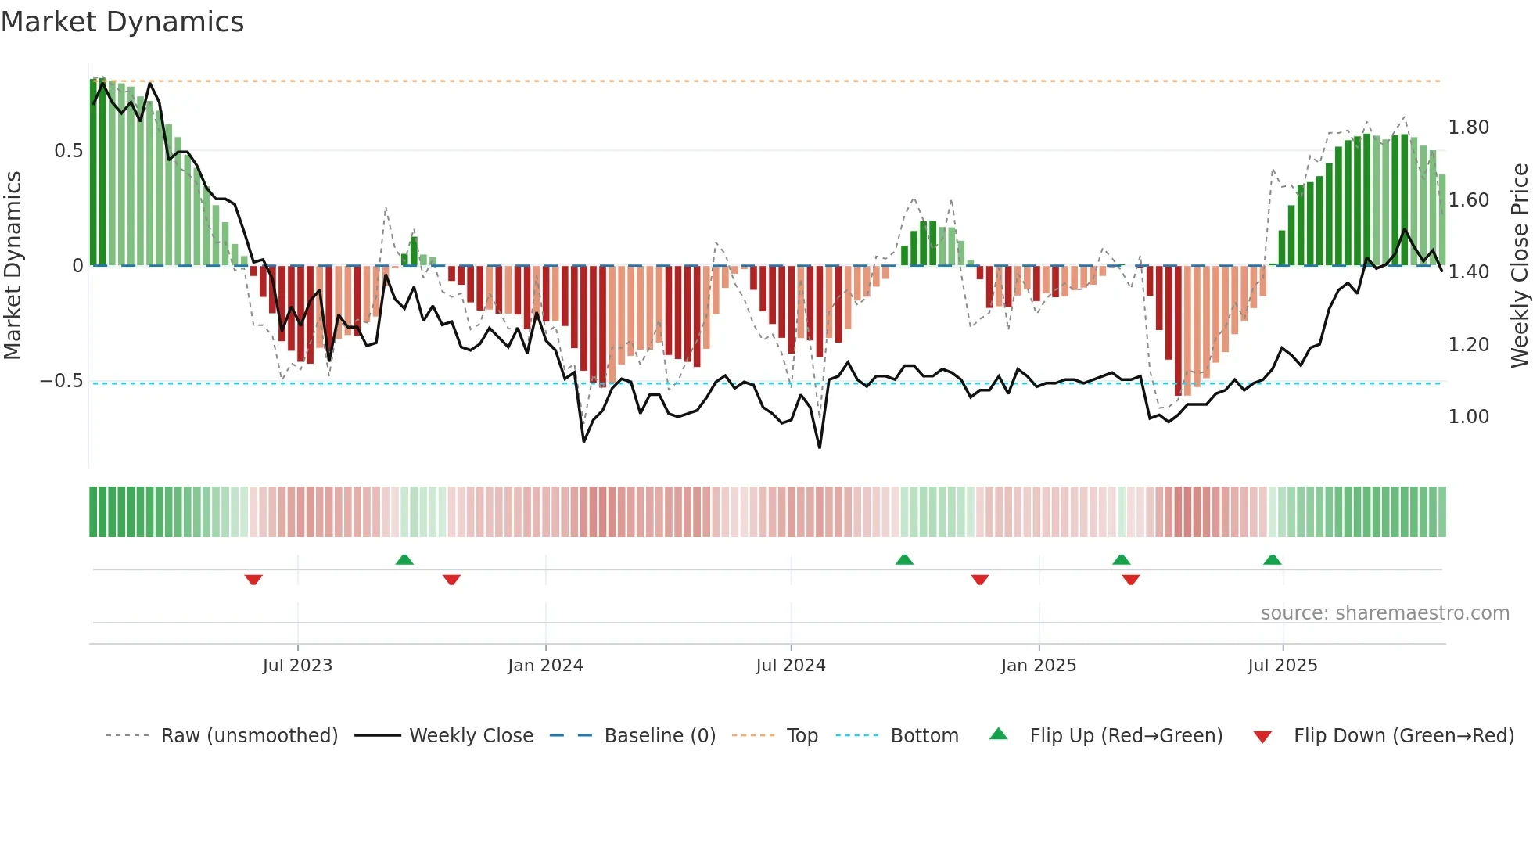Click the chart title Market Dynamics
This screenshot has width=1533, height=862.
point(123,22)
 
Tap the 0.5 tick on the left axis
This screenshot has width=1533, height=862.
point(68,151)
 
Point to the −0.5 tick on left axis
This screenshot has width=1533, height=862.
point(62,381)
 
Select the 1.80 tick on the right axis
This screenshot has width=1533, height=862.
point(1468,128)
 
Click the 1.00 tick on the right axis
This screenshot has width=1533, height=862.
point(1468,417)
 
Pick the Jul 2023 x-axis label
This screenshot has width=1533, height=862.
point(297,666)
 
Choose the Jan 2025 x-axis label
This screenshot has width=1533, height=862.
point(1038,666)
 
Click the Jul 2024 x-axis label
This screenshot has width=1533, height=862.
point(790,666)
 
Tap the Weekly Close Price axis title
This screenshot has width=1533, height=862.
point(1519,266)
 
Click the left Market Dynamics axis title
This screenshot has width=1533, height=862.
point(13,266)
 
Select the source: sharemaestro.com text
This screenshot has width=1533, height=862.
point(1384,613)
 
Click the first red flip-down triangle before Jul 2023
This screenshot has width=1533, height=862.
point(253,580)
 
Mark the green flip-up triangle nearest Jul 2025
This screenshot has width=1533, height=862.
point(1272,560)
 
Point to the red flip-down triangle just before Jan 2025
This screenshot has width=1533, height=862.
point(980,580)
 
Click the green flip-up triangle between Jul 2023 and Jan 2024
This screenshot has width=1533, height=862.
point(404,560)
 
